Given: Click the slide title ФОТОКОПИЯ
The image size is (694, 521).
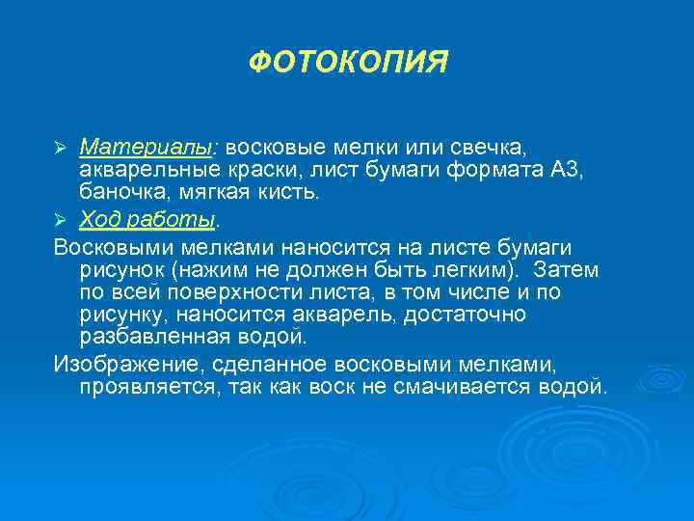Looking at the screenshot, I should coord(348,63).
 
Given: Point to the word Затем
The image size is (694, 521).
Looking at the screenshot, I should coord(566,268).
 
